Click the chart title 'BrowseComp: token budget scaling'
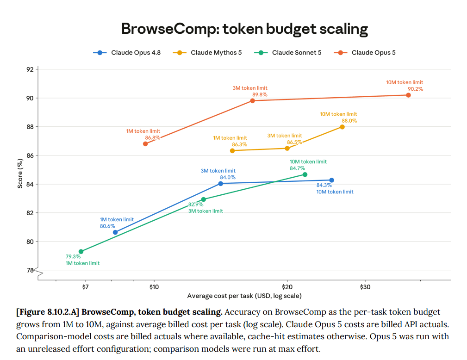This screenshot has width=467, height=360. pyautogui.click(x=244, y=29)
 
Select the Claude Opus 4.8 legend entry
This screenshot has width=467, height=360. pyautogui.click(x=127, y=53)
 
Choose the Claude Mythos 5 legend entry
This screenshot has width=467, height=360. pyautogui.click(x=207, y=53)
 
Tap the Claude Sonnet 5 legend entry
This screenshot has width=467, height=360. pyautogui.click(x=288, y=53)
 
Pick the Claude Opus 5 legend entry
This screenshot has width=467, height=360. pyautogui.click(x=365, y=53)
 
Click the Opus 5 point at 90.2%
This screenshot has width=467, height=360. pyautogui.click(x=408, y=95)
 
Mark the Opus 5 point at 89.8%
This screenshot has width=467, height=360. pyautogui.click(x=253, y=101)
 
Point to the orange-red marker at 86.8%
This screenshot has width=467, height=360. pyautogui.click(x=145, y=144)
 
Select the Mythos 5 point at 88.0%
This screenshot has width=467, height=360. pyautogui.click(x=342, y=127)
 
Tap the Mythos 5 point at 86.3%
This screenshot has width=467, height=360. pyautogui.click(x=232, y=151)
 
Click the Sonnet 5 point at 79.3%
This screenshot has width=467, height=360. pyautogui.click(x=81, y=252)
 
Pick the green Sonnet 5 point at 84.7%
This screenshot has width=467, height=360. pyautogui.click(x=305, y=174)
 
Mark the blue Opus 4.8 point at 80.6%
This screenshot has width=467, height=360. pyautogui.click(x=115, y=232)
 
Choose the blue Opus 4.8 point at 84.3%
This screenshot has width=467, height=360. pyautogui.click(x=332, y=180)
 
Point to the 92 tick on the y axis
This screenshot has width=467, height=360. pyautogui.click(x=30, y=70)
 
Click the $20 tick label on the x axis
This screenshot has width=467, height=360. pyautogui.click(x=287, y=287)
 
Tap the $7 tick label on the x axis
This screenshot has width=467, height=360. pyautogui.click(x=86, y=287)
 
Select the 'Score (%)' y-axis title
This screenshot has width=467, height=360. pyautogui.click(x=20, y=174)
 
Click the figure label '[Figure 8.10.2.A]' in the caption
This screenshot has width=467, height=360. pyautogui.click(x=48, y=312)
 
